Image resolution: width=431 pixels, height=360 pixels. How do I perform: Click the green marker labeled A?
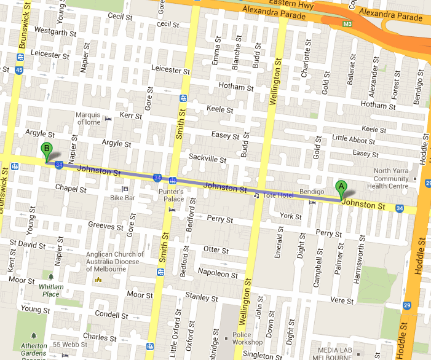click(x=341, y=188)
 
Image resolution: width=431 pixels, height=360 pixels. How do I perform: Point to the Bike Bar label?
click(x=122, y=198)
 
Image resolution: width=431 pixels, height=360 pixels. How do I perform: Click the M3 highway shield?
click(x=347, y=24)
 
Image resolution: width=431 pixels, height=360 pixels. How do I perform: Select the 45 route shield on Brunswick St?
click(x=20, y=70)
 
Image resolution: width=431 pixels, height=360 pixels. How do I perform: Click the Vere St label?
click(x=338, y=300)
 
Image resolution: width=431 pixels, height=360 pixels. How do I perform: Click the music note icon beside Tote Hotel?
click(x=256, y=195)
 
